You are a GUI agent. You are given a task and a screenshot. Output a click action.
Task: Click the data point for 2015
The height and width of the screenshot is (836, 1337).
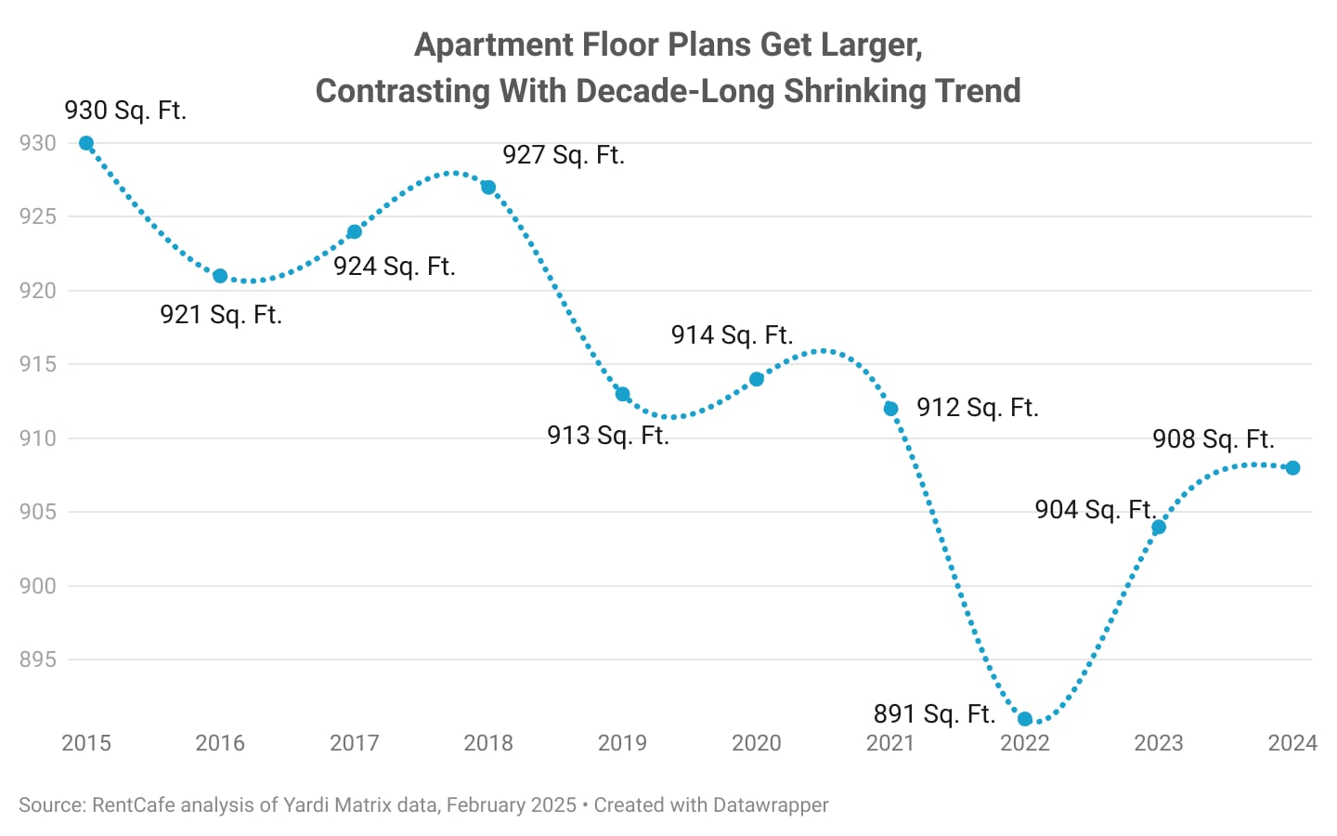(86, 143)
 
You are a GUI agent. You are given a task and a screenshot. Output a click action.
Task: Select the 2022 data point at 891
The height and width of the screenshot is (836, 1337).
(1025, 719)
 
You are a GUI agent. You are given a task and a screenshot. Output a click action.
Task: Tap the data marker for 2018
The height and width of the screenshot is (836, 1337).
(488, 188)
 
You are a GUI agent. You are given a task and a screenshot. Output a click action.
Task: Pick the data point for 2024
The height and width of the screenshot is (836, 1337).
(1292, 468)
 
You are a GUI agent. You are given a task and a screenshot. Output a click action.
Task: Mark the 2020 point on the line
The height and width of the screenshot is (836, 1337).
(757, 379)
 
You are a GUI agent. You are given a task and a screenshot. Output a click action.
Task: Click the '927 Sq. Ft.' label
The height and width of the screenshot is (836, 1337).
(564, 155)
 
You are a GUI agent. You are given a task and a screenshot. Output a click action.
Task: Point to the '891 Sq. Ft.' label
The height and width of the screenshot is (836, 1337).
(934, 714)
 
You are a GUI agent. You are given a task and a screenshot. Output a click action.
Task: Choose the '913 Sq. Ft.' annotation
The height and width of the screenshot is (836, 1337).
(608, 436)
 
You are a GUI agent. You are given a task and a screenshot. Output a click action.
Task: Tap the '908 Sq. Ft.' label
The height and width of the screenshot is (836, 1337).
(1214, 439)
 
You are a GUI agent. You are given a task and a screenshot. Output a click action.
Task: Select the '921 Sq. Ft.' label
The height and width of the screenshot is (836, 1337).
(221, 315)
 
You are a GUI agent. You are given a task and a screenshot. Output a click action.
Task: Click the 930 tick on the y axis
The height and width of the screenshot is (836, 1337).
(38, 143)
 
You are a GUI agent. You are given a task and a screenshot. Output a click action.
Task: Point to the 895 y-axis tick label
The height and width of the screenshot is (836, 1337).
(38, 660)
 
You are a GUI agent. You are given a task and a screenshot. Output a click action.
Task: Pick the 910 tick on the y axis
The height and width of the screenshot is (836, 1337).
(38, 438)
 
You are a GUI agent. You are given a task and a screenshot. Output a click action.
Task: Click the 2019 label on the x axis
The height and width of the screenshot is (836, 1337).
(622, 743)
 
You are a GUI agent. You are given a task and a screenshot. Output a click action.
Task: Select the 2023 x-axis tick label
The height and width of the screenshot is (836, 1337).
(1159, 743)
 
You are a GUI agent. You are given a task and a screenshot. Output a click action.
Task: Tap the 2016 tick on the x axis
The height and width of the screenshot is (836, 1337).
(220, 743)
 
